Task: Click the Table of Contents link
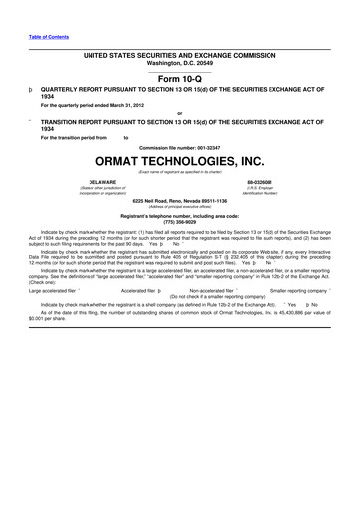[49, 37]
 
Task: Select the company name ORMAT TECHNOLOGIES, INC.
[179, 161]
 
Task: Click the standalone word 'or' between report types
[179, 112]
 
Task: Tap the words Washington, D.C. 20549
[179, 62]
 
